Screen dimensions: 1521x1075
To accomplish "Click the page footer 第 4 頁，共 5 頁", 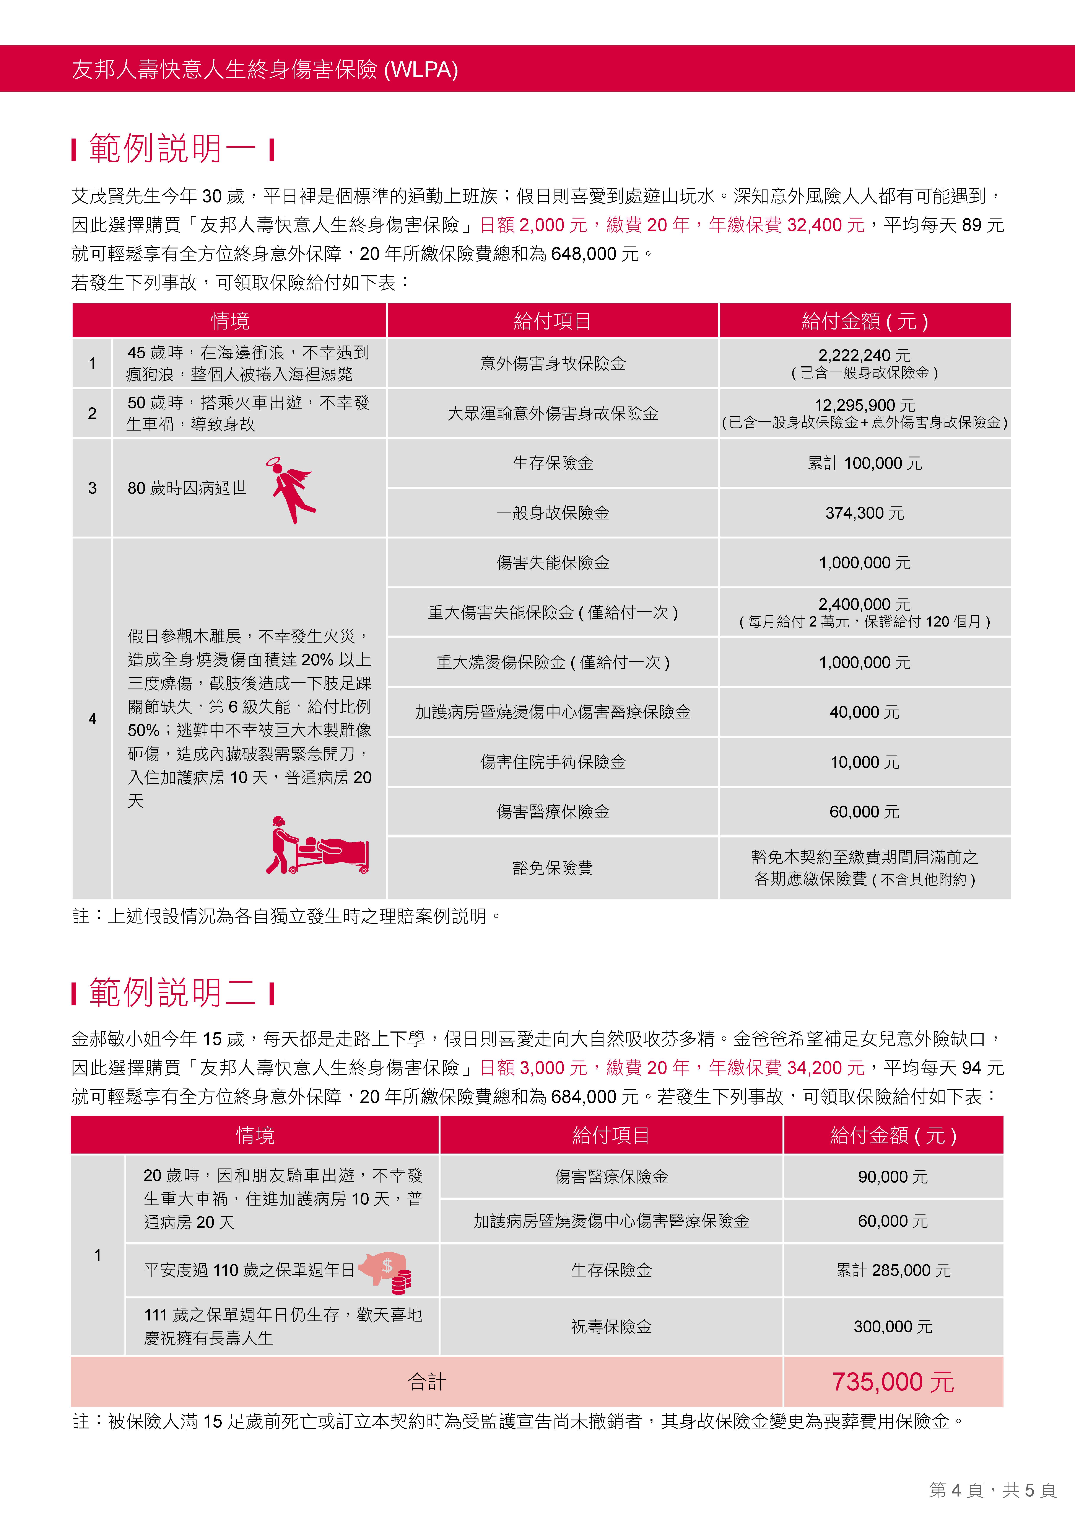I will (992, 1490).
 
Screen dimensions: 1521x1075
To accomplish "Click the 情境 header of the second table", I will (255, 1136).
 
